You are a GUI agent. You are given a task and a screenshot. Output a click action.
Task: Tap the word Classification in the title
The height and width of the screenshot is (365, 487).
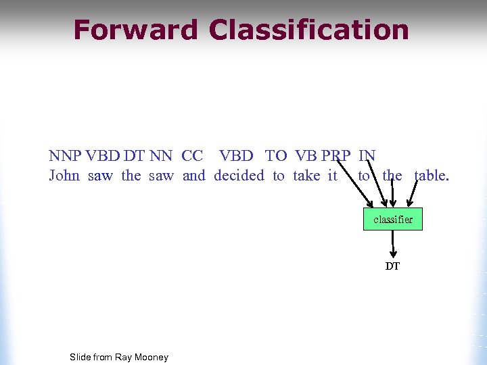[x=309, y=30]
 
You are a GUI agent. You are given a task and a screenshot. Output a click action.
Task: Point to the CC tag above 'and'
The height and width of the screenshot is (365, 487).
[x=192, y=156]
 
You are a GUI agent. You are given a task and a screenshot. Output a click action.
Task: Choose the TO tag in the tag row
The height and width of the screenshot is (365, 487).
[x=276, y=156]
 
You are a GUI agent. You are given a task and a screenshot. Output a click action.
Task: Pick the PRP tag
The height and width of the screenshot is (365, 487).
[x=336, y=156]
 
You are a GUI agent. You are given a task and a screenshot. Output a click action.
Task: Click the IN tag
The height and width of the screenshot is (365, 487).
[x=367, y=156]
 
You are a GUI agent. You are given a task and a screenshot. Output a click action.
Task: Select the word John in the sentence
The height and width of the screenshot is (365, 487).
[x=64, y=176]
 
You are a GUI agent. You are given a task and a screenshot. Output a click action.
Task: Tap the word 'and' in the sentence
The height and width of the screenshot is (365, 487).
[x=193, y=176]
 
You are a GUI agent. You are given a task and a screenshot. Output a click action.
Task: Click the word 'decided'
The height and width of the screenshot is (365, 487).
[x=239, y=176]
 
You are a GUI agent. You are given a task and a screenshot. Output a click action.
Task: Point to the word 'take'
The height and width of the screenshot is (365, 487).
[x=306, y=176]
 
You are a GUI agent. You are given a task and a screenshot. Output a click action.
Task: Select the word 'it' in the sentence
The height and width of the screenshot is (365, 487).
[x=332, y=176]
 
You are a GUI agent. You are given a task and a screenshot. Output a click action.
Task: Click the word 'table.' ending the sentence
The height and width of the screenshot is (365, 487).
[x=432, y=176]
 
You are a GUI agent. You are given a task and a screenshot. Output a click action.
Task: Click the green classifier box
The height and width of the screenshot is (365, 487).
[x=393, y=219]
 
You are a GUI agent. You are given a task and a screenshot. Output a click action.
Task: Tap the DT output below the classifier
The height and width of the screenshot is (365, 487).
[x=393, y=266]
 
